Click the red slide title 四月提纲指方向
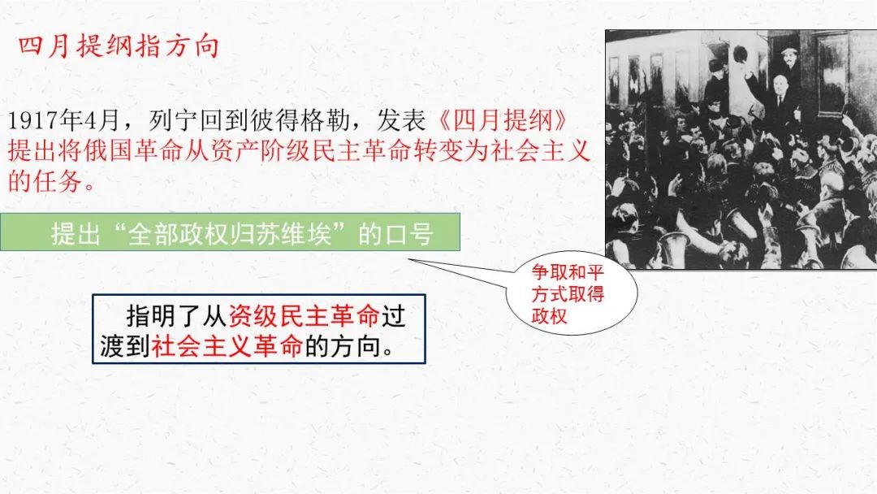[118, 45]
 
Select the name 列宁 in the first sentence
[174, 119]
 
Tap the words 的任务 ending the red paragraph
[45, 180]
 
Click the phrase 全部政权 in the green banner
[179, 232]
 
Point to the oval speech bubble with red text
[572, 292]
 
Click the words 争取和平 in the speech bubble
[568, 272]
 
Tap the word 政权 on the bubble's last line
[549, 315]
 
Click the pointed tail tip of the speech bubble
[408, 259]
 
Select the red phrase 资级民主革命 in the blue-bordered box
[305, 316]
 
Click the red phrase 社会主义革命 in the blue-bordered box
[227, 346]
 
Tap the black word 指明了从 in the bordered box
[176, 316]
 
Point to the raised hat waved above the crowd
[741, 55]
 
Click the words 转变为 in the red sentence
[452, 150]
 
